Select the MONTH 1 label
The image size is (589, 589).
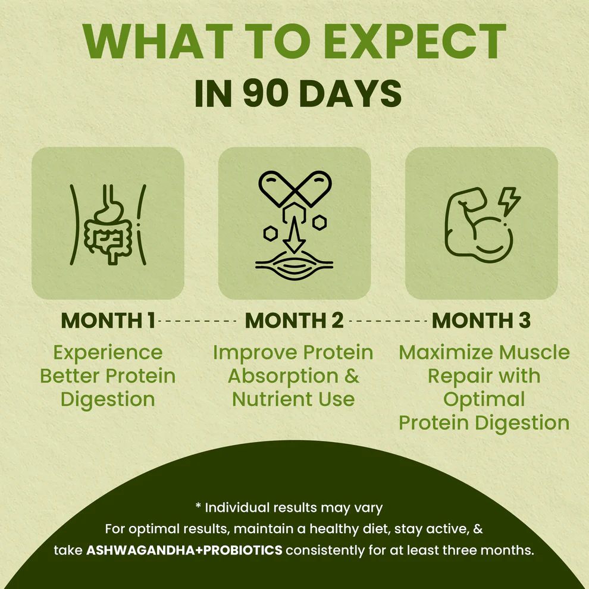108,320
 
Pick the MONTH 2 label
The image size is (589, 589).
294,320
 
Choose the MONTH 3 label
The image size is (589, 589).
481,320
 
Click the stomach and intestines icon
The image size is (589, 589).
107,223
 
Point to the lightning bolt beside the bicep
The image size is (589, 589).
510,200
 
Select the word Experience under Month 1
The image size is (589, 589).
107,352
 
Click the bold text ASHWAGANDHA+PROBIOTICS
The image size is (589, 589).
184,550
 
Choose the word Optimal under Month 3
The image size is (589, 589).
484,399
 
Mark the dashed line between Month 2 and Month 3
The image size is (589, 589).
388,321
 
